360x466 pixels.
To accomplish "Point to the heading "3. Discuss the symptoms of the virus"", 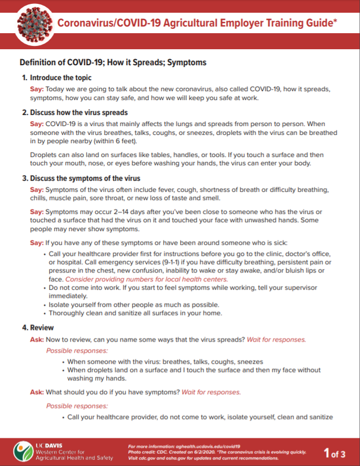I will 81,179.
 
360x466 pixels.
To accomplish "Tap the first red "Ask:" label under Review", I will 37,339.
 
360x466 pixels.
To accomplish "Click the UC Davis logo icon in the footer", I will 23,451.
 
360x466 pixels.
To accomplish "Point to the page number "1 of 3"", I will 335,454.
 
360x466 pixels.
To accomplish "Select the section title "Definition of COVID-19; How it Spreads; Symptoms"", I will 113,62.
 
